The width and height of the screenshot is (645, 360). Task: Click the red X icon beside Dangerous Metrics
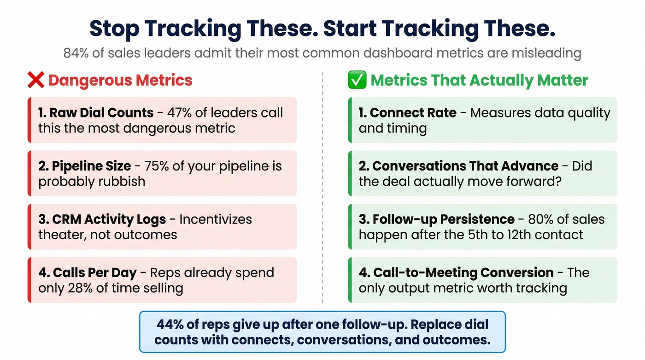(x=35, y=80)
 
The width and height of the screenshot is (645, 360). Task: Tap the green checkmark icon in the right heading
(x=357, y=80)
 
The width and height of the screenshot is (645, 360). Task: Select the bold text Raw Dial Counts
(x=96, y=113)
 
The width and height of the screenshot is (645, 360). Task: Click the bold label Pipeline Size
(x=91, y=166)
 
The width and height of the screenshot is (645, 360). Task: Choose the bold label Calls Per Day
(x=88, y=273)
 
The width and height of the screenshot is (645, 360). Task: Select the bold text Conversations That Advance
(x=459, y=166)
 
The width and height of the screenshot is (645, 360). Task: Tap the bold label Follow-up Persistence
(x=437, y=219)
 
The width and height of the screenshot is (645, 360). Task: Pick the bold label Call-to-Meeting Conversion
(x=456, y=273)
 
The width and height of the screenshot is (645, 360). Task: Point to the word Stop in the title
(x=113, y=29)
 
